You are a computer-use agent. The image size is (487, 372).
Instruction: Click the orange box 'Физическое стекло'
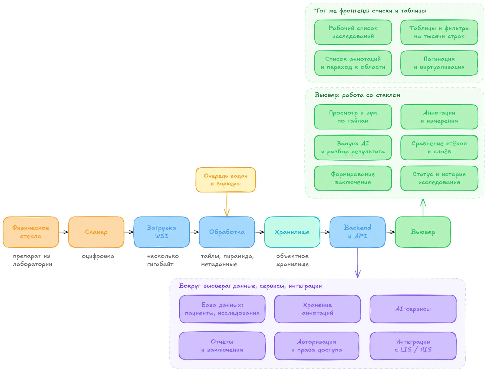(31, 232)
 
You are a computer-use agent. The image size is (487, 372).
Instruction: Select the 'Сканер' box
(96, 232)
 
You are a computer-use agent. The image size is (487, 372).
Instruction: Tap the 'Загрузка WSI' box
(162, 232)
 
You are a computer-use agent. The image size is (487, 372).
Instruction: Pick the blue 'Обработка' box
(227, 232)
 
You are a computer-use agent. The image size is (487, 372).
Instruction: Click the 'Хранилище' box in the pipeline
(292, 232)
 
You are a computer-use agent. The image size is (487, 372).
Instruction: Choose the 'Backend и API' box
(358, 232)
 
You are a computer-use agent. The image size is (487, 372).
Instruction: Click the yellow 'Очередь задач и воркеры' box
(226, 180)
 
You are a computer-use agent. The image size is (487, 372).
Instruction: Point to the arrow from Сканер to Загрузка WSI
(129, 232)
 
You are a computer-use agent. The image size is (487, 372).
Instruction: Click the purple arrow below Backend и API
(358, 263)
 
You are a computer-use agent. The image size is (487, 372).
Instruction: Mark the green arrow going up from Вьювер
(423, 207)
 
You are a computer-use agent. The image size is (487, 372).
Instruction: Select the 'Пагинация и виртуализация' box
(439, 63)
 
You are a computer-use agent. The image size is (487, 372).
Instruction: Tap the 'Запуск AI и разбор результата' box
(353, 147)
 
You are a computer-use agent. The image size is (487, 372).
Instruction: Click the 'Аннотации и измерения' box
(439, 117)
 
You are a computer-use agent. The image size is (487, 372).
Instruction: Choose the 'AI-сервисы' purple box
(413, 309)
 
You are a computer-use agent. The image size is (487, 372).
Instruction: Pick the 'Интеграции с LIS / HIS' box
(413, 346)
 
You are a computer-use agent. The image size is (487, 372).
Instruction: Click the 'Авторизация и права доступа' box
(317, 346)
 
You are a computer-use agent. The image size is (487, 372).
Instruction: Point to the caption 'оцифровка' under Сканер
(98, 256)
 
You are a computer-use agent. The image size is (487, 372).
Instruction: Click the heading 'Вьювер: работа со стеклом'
(357, 95)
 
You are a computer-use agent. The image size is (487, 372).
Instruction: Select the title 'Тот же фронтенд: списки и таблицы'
(370, 11)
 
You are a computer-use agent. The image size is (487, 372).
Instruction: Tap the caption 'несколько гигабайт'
(163, 260)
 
